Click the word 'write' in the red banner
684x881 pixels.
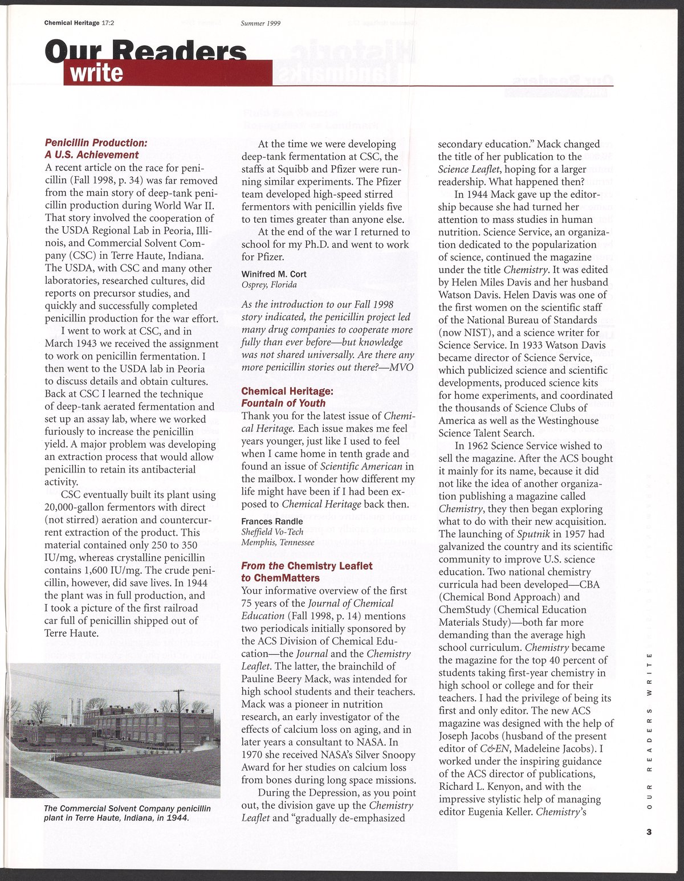pyautogui.click(x=96, y=74)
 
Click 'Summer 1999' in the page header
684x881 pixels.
pyautogui.click(x=261, y=23)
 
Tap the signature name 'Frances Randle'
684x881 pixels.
pyautogui.click(x=272, y=521)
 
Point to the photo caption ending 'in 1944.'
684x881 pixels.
pyautogui.click(x=127, y=813)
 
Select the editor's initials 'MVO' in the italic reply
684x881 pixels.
pyautogui.click(x=401, y=367)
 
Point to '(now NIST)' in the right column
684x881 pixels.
pyautogui.click(x=462, y=332)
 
